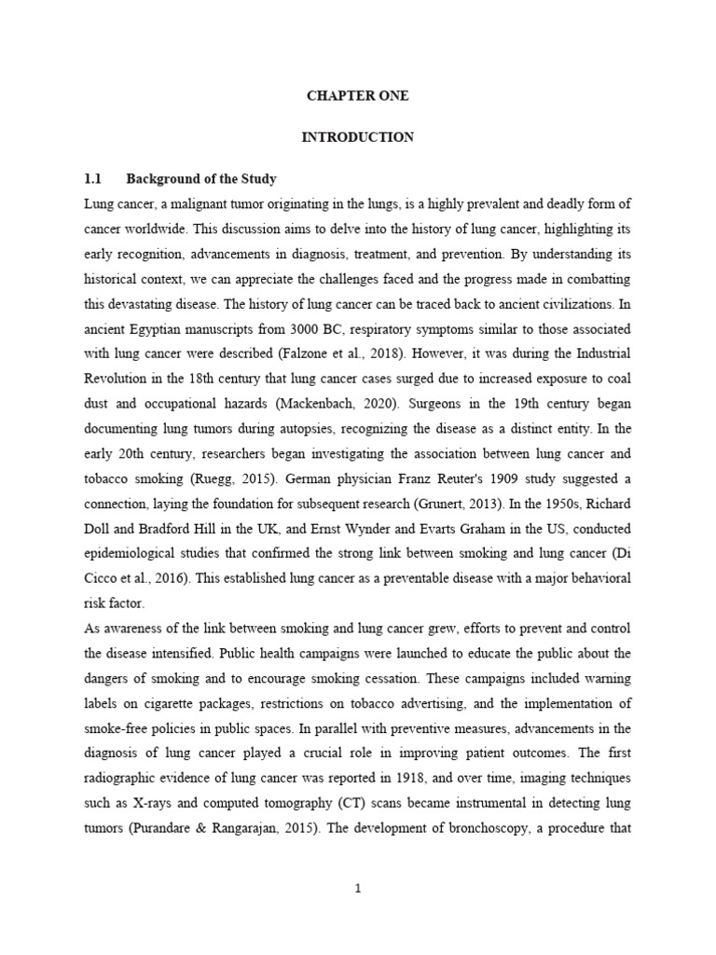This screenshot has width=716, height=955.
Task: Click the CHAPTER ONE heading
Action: point(358,96)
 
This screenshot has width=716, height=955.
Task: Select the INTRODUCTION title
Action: point(358,137)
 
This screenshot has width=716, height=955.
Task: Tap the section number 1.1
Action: point(92,178)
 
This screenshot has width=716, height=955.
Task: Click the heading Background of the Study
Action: point(201,178)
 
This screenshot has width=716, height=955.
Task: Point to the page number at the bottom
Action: point(358,889)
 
